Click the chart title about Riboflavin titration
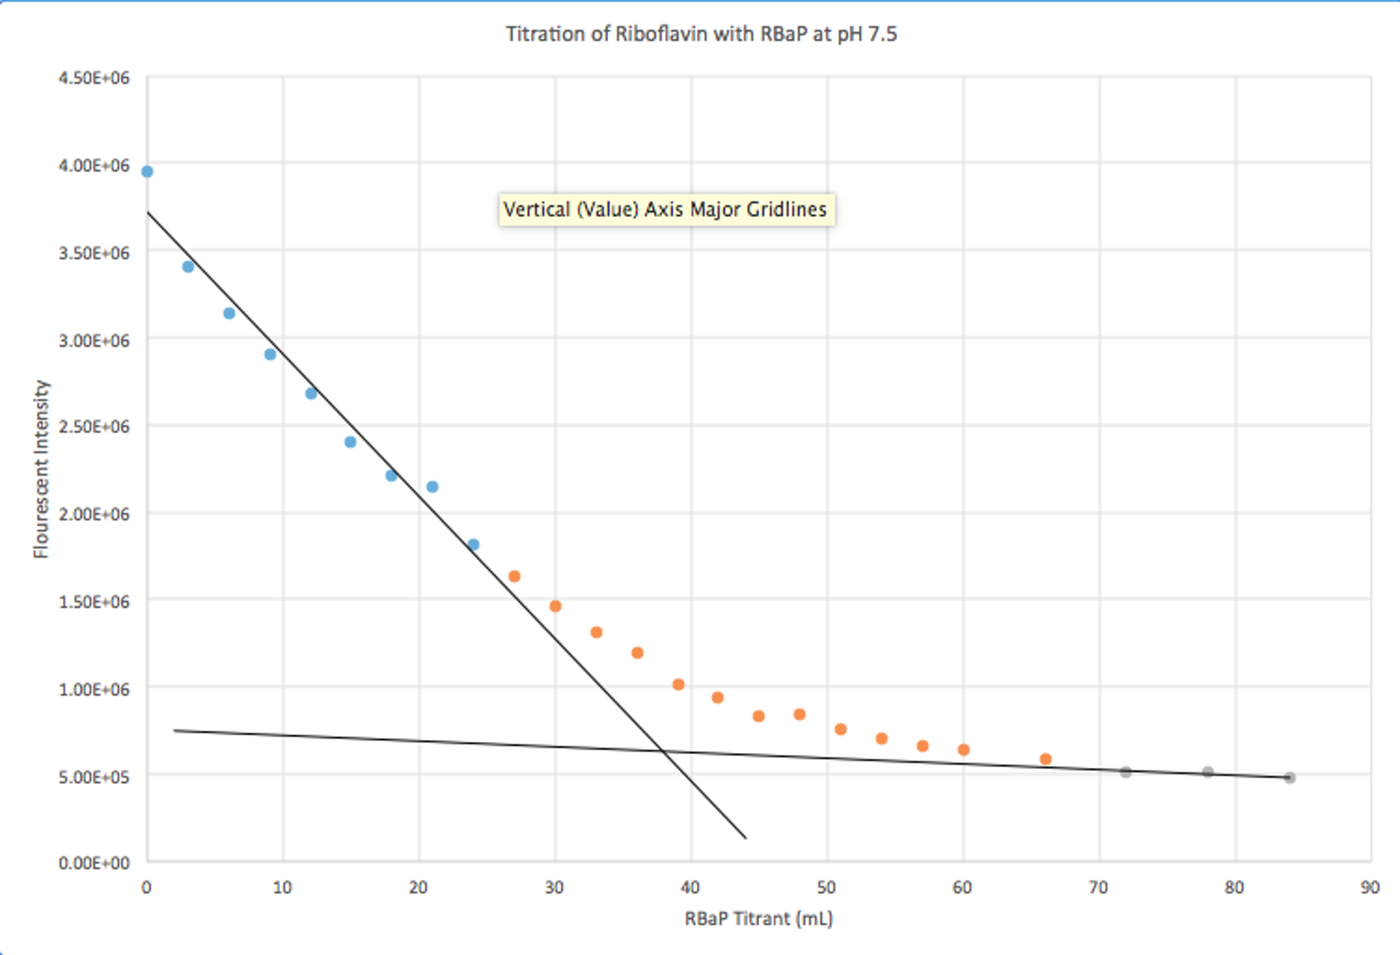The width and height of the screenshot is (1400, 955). click(701, 34)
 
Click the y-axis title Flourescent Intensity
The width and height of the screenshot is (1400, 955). click(42, 469)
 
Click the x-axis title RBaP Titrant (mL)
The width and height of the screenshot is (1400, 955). click(758, 918)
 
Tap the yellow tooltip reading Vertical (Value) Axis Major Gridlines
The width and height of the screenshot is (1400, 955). click(666, 209)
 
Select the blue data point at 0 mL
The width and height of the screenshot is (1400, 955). click(147, 172)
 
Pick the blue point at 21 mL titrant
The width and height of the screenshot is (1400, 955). click(432, 487)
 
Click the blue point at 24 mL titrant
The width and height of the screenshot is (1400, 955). click(474, 545)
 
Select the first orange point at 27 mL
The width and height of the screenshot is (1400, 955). click(515, 576)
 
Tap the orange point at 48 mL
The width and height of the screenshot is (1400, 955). click(799, 714)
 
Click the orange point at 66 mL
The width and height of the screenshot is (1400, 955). click(1046, 759)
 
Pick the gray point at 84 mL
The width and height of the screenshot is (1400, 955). click(1290, 778)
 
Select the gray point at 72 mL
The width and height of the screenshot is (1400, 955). click(1126, 772)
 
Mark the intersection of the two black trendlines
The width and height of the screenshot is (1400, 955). click(663, 752)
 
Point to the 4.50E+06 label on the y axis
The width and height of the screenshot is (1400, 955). click(94, 78)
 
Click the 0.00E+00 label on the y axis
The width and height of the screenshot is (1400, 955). click(94, 863)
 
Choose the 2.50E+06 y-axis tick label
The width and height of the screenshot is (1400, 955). click(94, 427)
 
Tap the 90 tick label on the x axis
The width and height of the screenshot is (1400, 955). click(1370, 888)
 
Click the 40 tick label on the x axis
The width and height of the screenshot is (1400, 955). click(690, 888)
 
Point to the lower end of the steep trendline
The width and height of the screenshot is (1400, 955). click(745, 837)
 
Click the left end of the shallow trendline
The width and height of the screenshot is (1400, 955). click(175, 730)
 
